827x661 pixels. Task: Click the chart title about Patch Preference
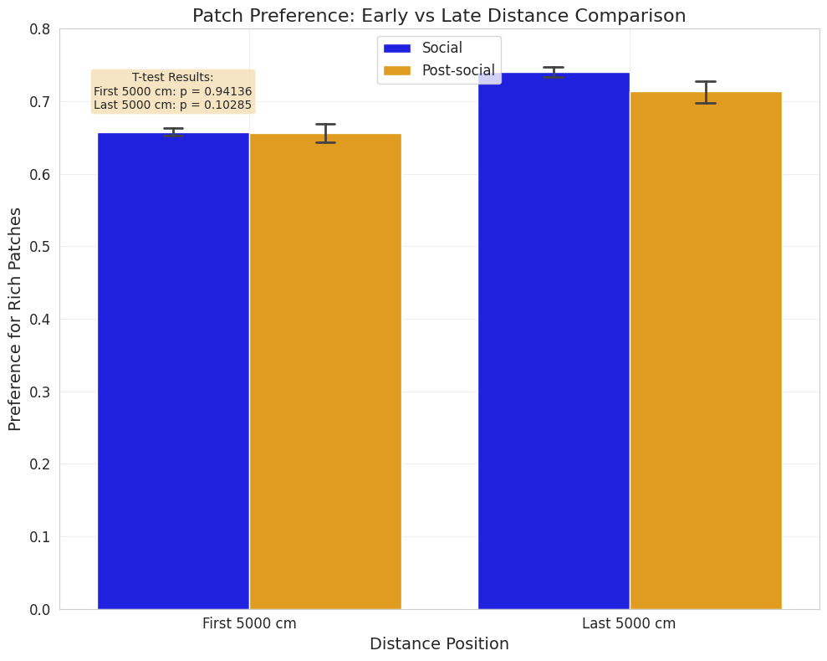(x=439, y=16)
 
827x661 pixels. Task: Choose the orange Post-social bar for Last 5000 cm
(x=706, y=351)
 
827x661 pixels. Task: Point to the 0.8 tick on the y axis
(x=40, y=29)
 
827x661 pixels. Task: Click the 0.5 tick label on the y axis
(x=40, y=247)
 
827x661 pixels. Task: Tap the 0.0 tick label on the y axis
(x=40, y=609)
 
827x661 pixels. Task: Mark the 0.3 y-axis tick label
(x=40, y=392)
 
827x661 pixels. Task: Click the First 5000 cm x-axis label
(x=249, y=623)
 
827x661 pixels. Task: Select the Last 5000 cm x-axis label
(x=629, y=623)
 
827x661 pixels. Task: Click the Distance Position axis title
(x=439, y=644)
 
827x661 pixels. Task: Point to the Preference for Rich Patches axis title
(x=15, y=319)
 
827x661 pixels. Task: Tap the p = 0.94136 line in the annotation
(x=172, y=91)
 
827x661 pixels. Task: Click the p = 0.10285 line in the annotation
(x=172, y=105)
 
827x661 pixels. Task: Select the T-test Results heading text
(x=172, y=78)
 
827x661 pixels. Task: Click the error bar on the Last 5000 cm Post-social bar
(x=706, y=92)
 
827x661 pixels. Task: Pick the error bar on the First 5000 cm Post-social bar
(x=325, y=133)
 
